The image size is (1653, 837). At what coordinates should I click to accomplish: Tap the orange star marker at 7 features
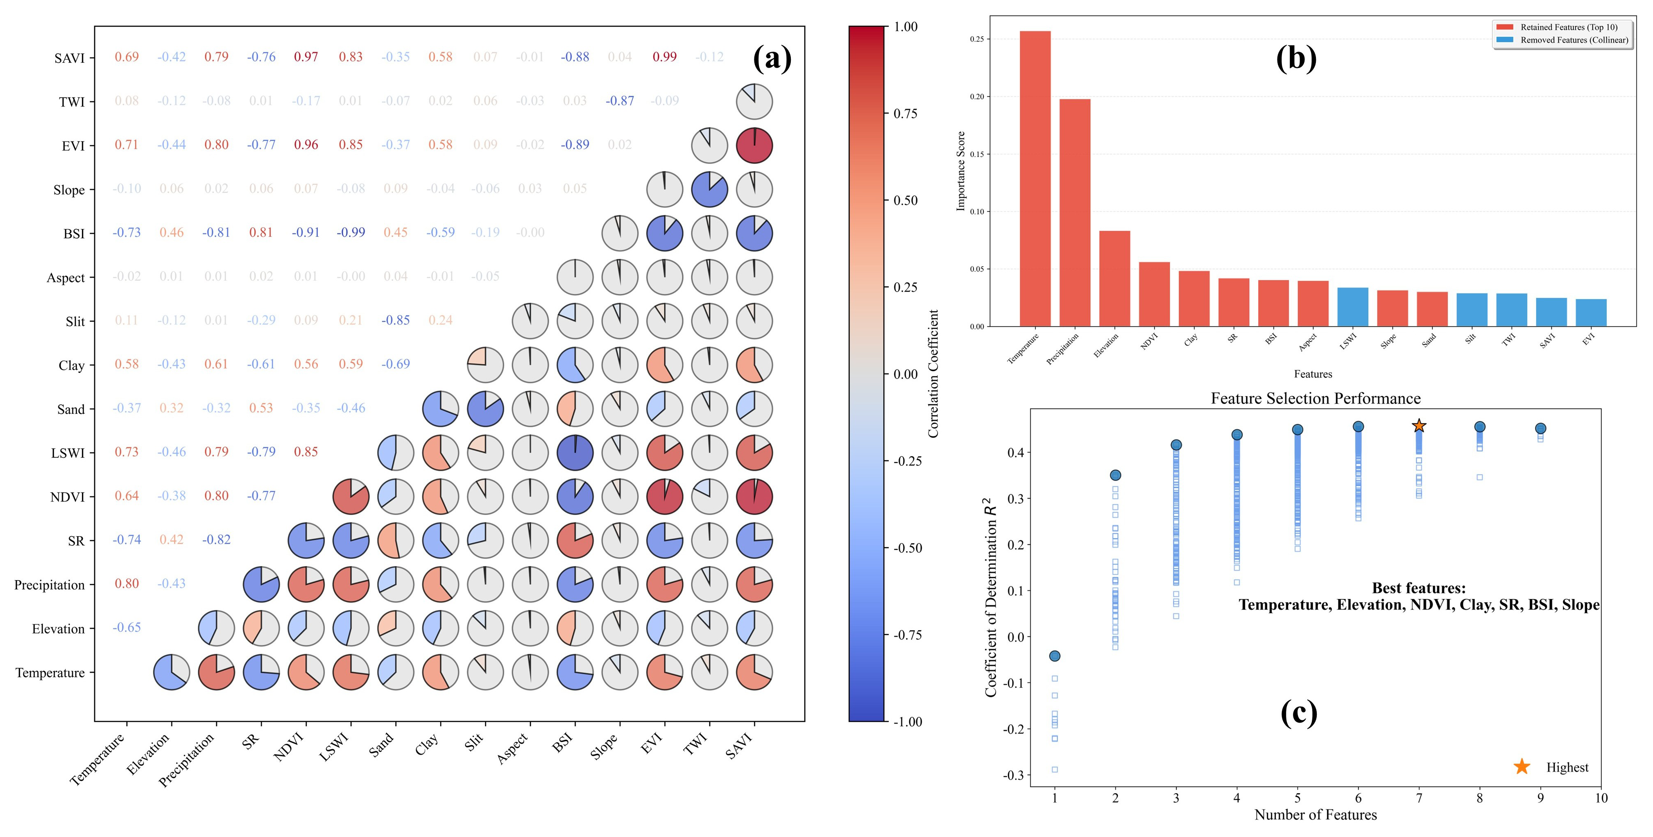coord(1419,426)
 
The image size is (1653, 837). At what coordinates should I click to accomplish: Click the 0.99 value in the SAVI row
coord(664,57)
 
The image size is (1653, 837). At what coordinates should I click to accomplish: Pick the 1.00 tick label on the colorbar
coord(906,27)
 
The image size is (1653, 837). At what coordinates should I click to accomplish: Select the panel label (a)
coord(772,59)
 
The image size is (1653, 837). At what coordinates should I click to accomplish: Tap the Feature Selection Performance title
coord(1316,399)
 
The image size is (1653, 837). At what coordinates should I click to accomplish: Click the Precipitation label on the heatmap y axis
coord(50,585)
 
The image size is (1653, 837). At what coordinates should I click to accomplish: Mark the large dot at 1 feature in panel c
coord(1054,656)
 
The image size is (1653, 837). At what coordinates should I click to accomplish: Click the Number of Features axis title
coord(1316,814)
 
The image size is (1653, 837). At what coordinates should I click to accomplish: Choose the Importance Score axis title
coord(960,171)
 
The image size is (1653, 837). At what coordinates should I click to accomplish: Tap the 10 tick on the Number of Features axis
coord(1601,798)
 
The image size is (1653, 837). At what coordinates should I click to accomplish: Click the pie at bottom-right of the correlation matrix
coord(754,672)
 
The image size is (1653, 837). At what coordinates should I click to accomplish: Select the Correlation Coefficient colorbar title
coord(933,374)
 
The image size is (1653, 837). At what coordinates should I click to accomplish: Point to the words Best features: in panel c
coord(1418,588)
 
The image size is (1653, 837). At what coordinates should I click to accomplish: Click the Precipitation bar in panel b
coord(1074,213)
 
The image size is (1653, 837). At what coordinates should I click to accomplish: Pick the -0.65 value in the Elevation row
coord(127,627)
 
